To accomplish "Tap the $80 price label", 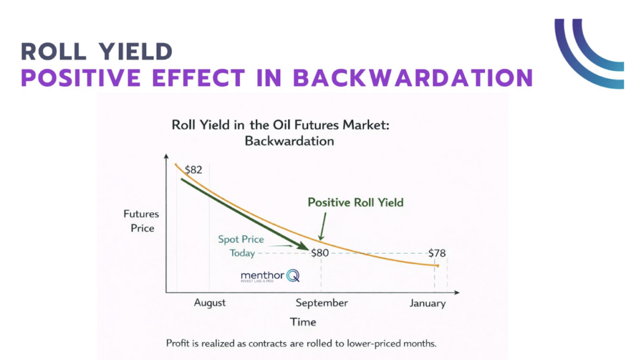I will point(320,253).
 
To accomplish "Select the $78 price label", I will point(437,253).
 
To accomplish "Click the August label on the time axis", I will point(210,303).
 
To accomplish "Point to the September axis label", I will point(321,303).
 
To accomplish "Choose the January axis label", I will point(428,303).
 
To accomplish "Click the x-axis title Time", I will point(303,322).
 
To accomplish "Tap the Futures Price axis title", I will point(141,221).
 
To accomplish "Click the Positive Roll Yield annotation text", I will point(356,202).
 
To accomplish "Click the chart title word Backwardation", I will point(289,141).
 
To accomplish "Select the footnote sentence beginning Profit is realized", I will point(301,343).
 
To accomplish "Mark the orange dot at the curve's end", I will point(437,266).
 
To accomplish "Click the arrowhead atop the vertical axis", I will point(166,157).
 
